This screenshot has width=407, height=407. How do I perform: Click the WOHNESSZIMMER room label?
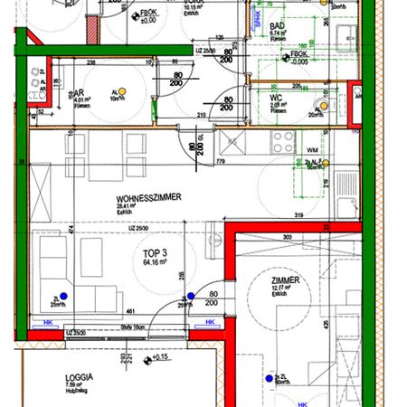pyautogui.click(x=149, y=197)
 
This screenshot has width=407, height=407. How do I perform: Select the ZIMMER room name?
pyautogui.click(x=285, y=281)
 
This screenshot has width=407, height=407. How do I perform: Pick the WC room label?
pyautogui.click(x=277, y=98)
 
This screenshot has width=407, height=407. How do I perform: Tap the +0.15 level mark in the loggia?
pyautogui.click(x=161, y=357)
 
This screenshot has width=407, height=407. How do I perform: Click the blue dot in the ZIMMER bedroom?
pyautogui.click(x=268, y=379)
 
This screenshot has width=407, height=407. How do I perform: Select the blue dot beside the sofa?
pyautogui.click(x=64, y=295)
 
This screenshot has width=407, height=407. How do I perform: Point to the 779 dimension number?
pyautogui.click(x=220, y=161)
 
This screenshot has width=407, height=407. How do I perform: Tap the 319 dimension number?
pyautogui.click(x=298, y=214)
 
